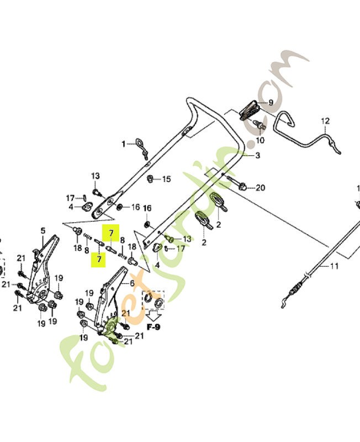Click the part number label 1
click(124, 144)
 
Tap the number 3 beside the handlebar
click(257, 156)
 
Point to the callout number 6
click(132, 283)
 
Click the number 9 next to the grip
click(271, 103)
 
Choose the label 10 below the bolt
click(261, 140)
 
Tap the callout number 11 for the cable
click(333, 267)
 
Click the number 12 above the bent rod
click(325, 121)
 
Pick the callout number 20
click(260, 188)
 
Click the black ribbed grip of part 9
click(251, 108)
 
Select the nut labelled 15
click(150, 179)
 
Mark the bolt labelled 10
click(260, 127)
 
